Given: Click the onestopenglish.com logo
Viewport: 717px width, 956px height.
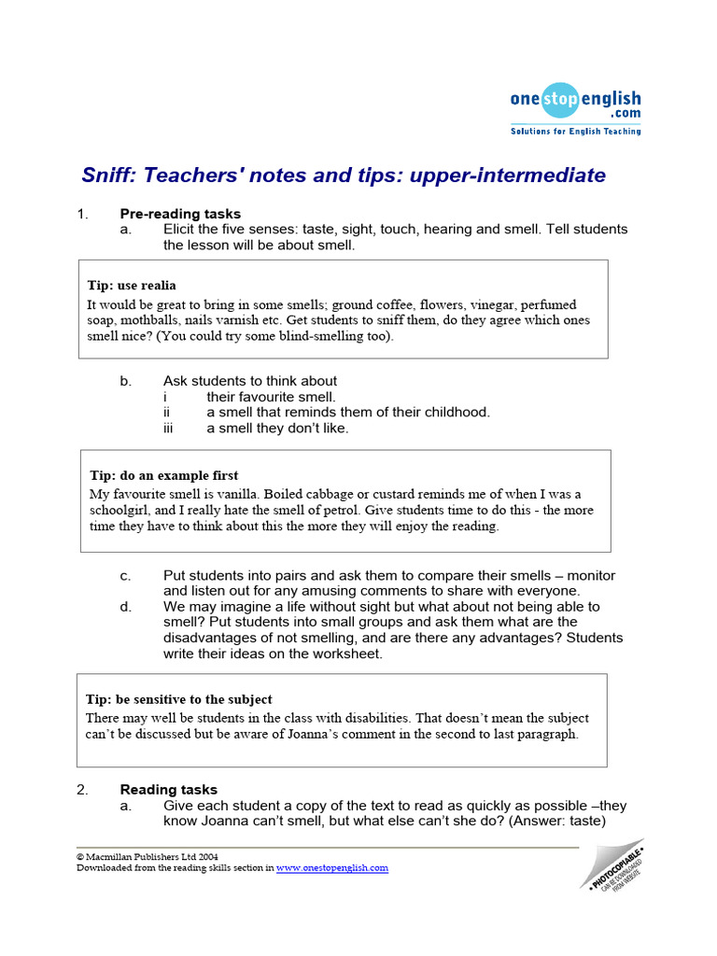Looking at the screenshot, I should [575, 102].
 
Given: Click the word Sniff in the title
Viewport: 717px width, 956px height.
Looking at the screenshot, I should [105, 176].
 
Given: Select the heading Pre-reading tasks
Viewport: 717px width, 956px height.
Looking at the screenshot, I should [180, 214].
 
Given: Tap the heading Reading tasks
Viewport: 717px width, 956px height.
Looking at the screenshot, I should [168, 789].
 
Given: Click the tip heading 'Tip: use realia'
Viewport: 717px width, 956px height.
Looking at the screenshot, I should [132, 285].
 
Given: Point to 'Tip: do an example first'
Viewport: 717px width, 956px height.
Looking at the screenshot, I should [163, 475].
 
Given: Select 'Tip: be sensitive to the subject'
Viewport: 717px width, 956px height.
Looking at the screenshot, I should [179, 698].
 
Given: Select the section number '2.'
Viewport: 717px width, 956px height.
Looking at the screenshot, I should [82, 789].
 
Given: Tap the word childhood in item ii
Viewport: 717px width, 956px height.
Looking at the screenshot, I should [457, 412].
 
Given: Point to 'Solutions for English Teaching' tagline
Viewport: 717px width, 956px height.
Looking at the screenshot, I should [575, 132].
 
